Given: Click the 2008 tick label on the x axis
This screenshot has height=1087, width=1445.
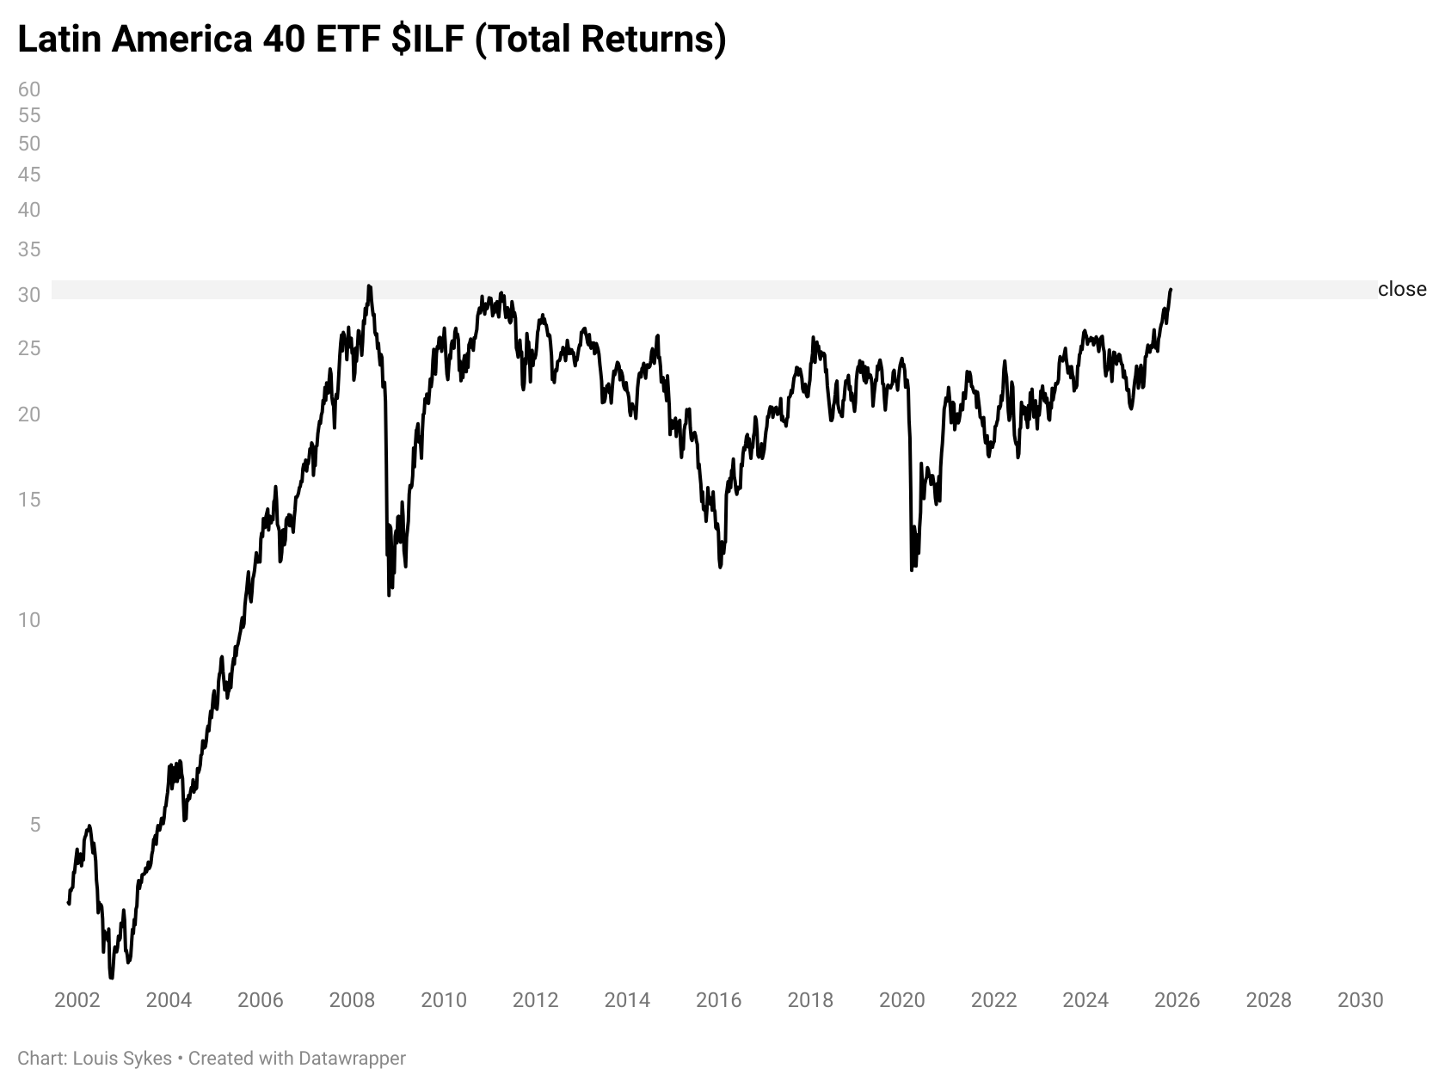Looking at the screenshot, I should (x=352, y=1000).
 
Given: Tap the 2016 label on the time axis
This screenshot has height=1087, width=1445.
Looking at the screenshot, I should (x=718, y=1000).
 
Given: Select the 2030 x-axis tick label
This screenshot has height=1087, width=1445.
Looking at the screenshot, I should (x=1361, y=1000).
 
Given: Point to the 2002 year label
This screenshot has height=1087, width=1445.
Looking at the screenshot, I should (x=77, y=1000).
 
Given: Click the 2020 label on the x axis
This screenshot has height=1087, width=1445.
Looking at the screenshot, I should (x=902, y=1000).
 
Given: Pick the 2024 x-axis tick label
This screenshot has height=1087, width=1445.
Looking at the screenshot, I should (x=1085, y=1000).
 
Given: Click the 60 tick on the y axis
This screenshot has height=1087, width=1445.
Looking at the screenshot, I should (x=29, y=89).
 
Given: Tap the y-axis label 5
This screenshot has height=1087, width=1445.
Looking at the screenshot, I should (x=34, y=825).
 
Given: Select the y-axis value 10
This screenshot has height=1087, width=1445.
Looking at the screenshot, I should (x=29, y=620).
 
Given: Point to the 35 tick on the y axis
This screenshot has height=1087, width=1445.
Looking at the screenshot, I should (x=29, y=250).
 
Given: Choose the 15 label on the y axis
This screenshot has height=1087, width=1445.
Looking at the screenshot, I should (x=29, y=500).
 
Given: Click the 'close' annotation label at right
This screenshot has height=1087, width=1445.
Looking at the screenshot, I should (x=1401, y=290).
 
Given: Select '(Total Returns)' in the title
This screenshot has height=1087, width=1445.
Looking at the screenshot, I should (x=600, y=40).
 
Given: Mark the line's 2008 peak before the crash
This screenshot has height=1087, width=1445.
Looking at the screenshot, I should (x=369, y=286).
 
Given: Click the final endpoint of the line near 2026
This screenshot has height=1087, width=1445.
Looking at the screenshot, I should (x=1171, y=290).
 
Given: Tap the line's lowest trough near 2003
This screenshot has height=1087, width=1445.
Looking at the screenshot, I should (x=111, y=977).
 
